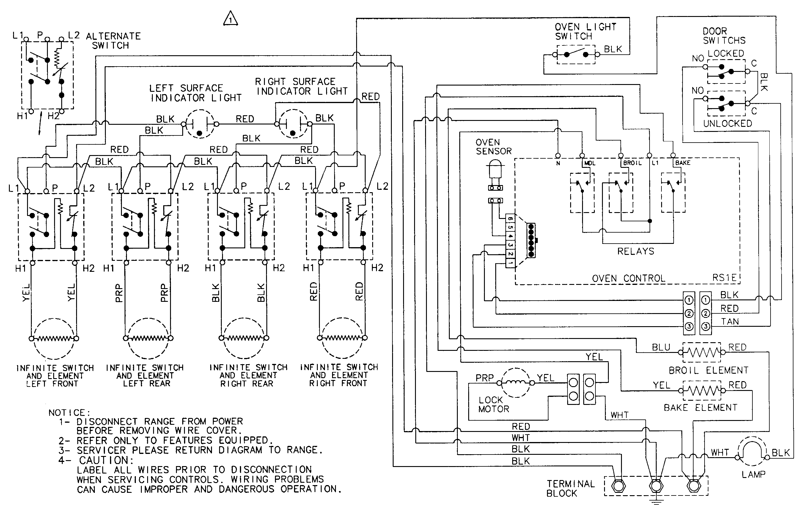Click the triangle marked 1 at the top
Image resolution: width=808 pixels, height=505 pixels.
point(230,19)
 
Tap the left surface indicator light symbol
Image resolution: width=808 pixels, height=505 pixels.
point(200,124)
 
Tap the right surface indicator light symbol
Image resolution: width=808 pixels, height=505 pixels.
point(293,124)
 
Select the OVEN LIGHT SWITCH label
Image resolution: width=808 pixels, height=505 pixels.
point(585,31)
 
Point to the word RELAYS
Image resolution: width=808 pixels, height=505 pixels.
point(635,251)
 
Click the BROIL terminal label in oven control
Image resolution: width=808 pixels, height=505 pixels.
point(632,163)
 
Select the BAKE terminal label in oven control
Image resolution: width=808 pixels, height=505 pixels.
point(683,163)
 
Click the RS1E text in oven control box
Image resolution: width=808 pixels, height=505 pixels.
point(724,278)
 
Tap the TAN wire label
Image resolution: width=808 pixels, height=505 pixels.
point(730,322)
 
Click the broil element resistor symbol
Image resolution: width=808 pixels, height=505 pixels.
point(701,352)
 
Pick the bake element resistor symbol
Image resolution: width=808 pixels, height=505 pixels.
point(701,390)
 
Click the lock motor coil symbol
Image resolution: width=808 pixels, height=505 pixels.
point(515,383)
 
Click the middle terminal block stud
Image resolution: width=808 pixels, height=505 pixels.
point(655,485)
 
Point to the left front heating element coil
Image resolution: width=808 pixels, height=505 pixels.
point(54,338)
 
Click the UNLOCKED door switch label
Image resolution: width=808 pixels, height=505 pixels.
point(727,124)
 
